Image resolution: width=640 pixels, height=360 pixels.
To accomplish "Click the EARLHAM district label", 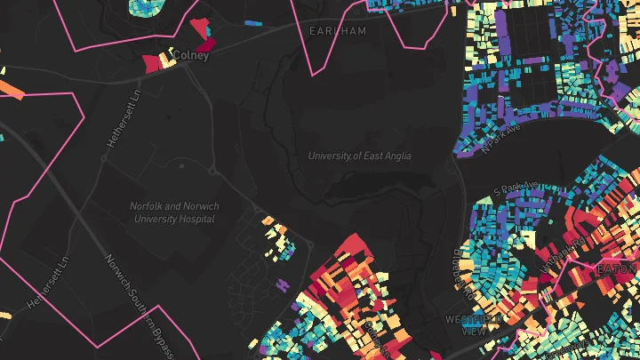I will (x=337, y=31).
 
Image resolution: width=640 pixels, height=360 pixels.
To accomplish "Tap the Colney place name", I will (x=191, y=55).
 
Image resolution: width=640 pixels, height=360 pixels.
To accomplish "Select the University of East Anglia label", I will (x=360, y=156).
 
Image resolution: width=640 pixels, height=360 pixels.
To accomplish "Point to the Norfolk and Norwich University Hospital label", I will (x=174, y=212).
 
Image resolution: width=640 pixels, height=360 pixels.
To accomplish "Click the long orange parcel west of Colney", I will (x=12, y=90).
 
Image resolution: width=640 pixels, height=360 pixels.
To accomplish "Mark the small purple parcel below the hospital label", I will (x=284, y=284).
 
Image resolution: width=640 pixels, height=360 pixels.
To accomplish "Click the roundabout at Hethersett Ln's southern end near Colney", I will (x=104, y=158).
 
